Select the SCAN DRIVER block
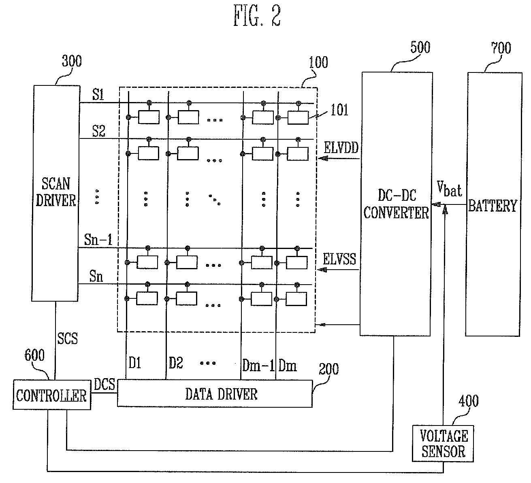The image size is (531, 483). click(x=55, y=193)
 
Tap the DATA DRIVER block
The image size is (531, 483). click(x=215, y=394)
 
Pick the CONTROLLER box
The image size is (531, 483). click(x=51, y=395)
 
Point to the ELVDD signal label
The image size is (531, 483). click(x=341, y=148)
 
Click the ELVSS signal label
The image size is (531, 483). click(x=339, y=259)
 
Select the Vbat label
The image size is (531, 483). click(x=449, y=189)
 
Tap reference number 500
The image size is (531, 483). click(x=420, y=48)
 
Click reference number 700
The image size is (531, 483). click(x=501, y=48)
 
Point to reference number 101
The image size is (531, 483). click(x=339, y=110)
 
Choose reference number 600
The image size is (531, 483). click(x=34, y=355)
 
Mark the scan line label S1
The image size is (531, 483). click(x=98, y=94)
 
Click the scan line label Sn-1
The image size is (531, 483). click(x=98, y=240)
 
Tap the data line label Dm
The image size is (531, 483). click(x=288, y=366)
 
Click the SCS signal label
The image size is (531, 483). click(x=68, y=338)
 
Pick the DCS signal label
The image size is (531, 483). click(x=104, y=384)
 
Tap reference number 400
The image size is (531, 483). click(x=469, y=401)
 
